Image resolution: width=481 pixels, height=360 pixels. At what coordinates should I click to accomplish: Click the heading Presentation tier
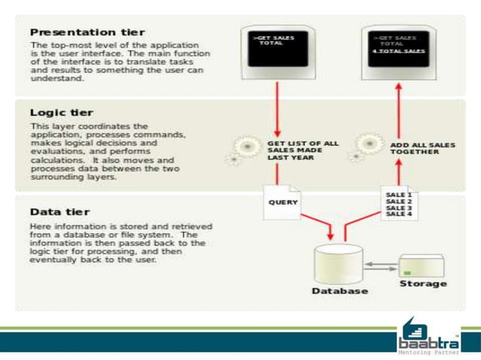[x=88, y=32]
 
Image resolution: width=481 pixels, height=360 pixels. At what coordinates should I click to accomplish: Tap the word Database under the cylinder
[x=340, y=291]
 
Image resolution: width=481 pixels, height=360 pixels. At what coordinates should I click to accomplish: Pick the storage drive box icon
[x=421, y=265]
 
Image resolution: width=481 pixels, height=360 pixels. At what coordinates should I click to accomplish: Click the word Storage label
[x=423, y=283]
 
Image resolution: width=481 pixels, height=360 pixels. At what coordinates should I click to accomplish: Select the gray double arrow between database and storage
[x=382, y=265]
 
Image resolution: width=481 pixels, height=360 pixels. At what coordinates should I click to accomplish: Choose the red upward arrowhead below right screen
[x=399, y=87]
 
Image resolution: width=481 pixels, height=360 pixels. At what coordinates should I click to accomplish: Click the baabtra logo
[x=427, y=332]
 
